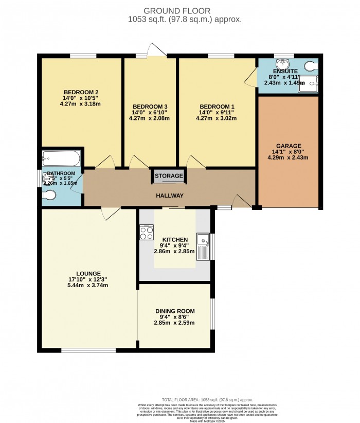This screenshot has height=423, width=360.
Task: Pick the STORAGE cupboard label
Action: pyautogui.click(x=169, y=176)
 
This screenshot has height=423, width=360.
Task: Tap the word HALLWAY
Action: pyautogui.click(x=170, y=196)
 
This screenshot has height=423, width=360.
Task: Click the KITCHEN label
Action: pyautogui.click(x=175, y=240)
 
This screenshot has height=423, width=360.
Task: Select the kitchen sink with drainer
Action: pyautogui.click(x=205, y=246)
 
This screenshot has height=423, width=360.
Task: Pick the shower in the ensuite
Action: pyautogui.click(x=310, y=82)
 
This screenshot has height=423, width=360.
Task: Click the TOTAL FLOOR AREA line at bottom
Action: pyautogui.click(x=207, y=399)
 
